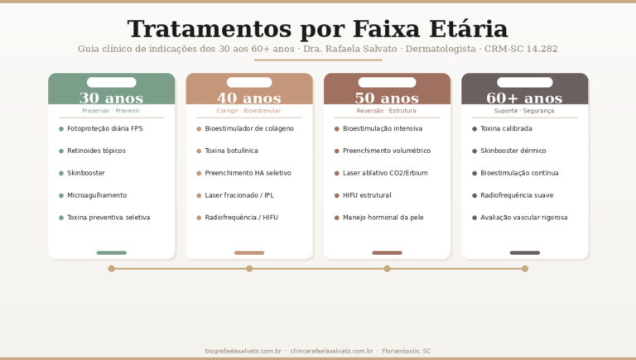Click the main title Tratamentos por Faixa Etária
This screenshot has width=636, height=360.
317,29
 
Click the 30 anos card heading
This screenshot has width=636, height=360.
111,98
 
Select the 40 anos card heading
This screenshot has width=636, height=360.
249,98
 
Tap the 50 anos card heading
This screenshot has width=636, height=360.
387,98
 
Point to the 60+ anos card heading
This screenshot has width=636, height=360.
524,98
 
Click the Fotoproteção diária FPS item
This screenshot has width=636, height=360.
105,129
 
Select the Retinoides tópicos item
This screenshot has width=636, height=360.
96,151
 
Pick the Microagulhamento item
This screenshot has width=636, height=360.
97,195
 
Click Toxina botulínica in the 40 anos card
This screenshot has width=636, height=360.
231,151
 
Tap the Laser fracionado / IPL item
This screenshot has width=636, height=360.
239,195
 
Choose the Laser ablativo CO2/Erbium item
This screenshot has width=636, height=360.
385,173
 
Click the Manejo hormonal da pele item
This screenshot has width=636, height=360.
383,218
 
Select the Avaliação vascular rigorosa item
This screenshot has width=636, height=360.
524,218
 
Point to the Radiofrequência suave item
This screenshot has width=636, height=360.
517,195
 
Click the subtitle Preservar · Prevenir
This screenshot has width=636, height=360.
111,111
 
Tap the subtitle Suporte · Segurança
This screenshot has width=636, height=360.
524,111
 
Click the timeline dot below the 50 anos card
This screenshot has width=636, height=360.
387,268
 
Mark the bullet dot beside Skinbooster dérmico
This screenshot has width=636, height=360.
475,151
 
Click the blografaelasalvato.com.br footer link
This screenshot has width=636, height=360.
243,351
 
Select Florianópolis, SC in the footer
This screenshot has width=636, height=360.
407,351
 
